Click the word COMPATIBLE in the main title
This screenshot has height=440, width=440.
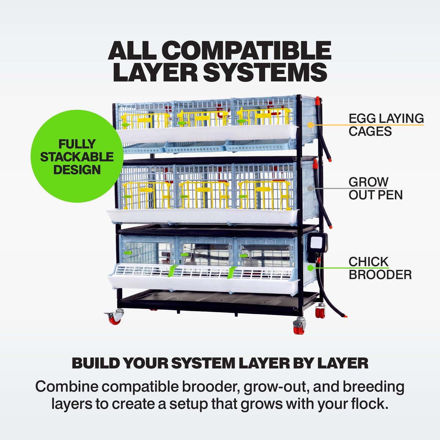coord(248,51)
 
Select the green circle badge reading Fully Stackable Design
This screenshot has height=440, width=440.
coord(77,156)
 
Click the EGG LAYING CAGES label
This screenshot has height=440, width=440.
coord(386,125)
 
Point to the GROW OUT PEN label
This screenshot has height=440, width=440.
coord(375,188)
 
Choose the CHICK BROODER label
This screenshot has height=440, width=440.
coord(380,268)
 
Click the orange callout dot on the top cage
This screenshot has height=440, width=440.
coord(310,125)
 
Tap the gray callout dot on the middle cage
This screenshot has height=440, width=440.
coord(310,188)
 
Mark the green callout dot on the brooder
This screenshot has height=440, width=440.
coord(310,268)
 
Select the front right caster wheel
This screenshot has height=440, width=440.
coord(299,326)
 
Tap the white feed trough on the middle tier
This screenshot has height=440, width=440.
coord(202,216)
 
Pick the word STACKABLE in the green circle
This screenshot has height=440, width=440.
coord(77,157)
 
